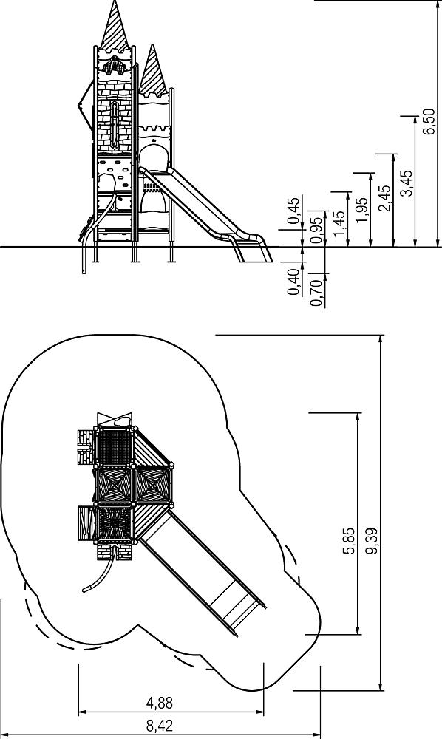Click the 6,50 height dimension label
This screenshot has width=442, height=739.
429,122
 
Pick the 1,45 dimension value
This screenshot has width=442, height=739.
339,224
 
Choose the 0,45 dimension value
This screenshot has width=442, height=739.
294,210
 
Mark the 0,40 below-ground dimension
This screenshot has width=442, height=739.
294,282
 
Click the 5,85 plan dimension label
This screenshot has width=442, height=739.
350,541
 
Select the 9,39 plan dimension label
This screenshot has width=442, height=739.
371,541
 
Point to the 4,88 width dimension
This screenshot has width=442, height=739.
159,704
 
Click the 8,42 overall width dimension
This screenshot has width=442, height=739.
159,726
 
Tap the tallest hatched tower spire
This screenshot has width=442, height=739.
115,28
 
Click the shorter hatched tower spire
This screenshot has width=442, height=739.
152,72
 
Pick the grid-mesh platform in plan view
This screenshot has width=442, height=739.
114,447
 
